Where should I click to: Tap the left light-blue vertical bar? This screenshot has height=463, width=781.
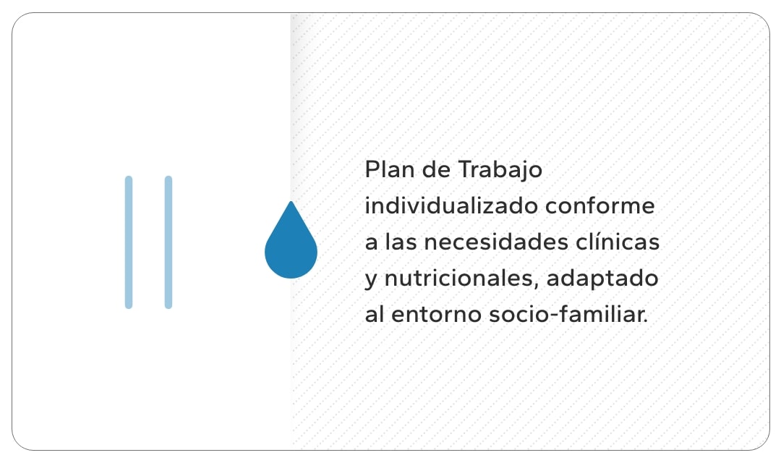click(129, 242)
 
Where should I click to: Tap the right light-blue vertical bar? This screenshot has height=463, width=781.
click(168, 242)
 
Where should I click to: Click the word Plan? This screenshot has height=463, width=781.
click(390, 169)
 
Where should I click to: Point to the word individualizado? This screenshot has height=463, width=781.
click(451, 205)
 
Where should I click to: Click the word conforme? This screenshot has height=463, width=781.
click(599, 206)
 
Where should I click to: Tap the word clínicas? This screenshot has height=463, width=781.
click(618, 242)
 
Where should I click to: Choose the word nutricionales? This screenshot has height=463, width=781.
click(461, 279)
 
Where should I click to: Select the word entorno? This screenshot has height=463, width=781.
click(436, 315)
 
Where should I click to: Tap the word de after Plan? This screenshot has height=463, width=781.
click(436, 169)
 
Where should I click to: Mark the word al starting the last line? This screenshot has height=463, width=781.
click(375, 315)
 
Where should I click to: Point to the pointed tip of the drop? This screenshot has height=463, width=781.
click(291, 202)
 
